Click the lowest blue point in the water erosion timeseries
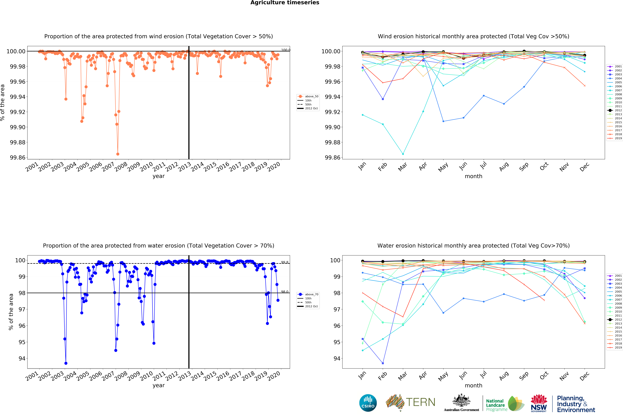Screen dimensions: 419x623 (x=66, y=363)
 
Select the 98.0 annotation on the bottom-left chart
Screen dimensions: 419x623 (x=285, y=292)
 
